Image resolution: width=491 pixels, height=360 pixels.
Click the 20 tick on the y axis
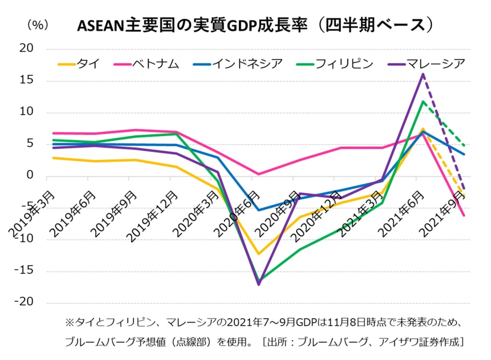26,48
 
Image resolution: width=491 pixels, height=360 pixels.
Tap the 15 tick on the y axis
26,80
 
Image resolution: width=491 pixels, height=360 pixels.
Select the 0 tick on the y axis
30,176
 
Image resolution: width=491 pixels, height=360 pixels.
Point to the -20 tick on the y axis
24,302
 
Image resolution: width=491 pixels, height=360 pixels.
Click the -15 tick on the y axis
24,271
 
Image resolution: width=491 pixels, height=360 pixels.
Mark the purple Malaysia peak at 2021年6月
423,74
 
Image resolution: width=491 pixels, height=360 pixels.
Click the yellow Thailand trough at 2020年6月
259,254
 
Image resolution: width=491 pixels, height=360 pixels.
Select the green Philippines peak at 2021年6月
423,101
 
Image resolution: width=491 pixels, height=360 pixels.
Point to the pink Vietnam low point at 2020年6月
259,174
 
